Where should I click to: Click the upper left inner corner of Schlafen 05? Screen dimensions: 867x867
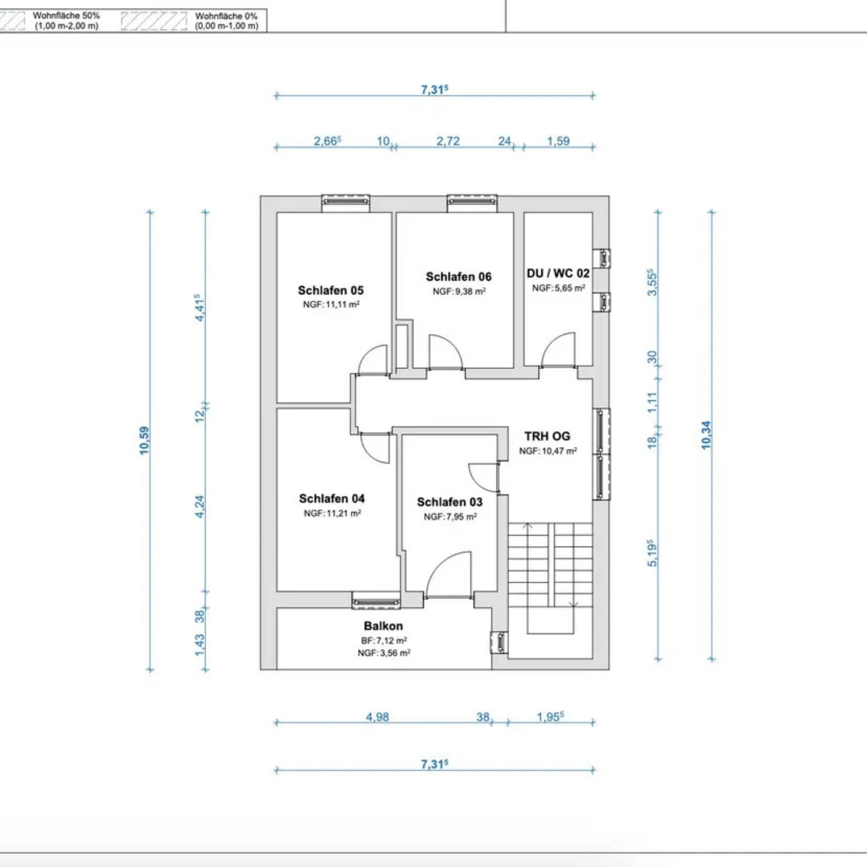point(277,213)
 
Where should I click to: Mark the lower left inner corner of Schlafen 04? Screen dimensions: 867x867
point(277,591)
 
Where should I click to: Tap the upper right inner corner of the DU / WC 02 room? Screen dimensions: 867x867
point(592,213)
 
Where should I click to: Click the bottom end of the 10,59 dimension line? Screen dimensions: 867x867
point(151,670)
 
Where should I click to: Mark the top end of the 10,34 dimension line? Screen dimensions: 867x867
point(711,212)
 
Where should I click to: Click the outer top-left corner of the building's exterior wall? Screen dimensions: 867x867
point(260,195)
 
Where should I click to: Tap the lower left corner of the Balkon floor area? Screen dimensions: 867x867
point(277,670)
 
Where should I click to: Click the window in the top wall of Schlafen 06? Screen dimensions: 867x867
point(472,203)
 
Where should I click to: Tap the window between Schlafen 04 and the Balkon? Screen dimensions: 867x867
point(376,600)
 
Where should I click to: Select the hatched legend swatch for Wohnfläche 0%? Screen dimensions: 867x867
point(154,20)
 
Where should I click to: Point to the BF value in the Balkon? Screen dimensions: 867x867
point(384,640)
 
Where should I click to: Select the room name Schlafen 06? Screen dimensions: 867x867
point(459,277)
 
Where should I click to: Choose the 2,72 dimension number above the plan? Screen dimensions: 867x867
point(448,141)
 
